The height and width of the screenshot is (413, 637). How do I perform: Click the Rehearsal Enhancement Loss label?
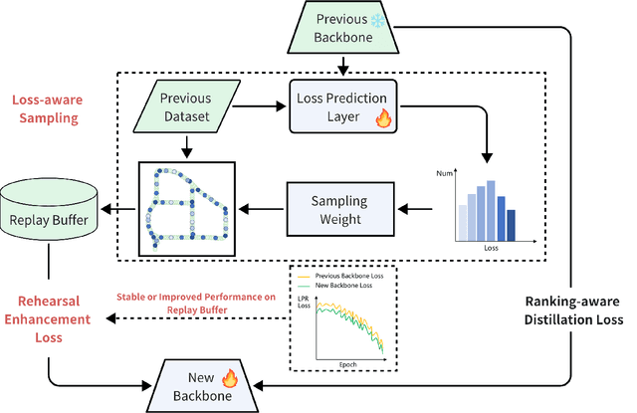pyautogui.click(x=50, y=317)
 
